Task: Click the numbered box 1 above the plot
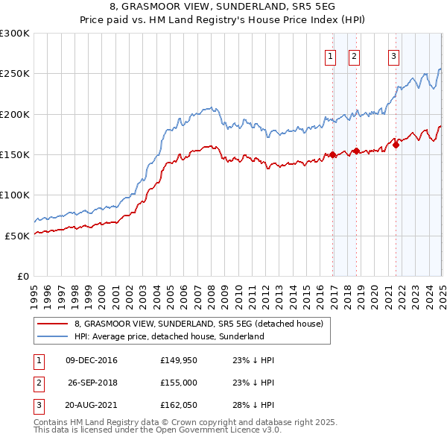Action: tap(329, 57)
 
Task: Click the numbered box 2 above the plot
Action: tap(354, 57)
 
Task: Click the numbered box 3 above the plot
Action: tap(393, 57)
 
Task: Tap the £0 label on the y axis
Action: tap(22, 276)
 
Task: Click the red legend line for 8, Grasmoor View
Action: tap(52, 324)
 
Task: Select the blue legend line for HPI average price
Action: tap(52, 337)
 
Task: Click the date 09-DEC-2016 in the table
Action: tap(91, 360)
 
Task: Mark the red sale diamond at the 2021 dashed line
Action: tap(396, 145)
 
